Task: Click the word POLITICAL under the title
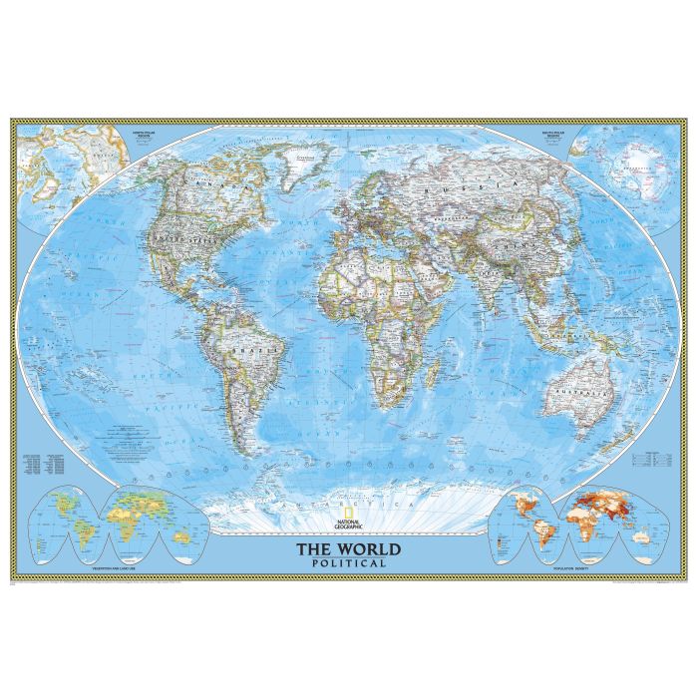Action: [x=348, y=563]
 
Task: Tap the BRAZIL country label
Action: [x=243, y=351]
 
